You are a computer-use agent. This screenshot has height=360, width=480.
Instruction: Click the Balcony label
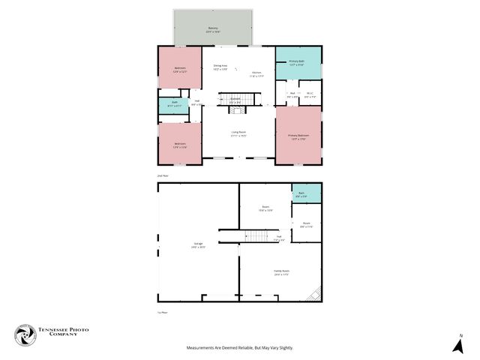tap(213, 30)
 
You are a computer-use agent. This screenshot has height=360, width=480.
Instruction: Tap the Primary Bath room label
tap(296, 63)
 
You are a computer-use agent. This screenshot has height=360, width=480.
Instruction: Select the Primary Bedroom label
tap(298, 136)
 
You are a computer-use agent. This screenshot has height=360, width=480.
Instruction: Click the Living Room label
tap(238, 133)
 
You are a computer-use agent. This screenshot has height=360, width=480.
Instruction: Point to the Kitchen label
tap(256, 73)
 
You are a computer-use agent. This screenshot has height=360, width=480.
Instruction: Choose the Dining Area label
tap(220, 67)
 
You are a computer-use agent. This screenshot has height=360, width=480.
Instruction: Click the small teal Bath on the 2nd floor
tap(175, 103)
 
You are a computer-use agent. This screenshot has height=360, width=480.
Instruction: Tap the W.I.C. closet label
tap(310, 95)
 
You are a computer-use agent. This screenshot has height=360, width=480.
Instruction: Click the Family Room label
tap(281, 273)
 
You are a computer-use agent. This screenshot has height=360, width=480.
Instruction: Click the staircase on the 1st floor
tap(257, 237)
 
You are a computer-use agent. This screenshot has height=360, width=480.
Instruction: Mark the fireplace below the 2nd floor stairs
tap(237, 110)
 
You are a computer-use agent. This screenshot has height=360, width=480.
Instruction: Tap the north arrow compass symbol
tap(457, 345)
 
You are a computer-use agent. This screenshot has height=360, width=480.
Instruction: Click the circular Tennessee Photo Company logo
tap(26, 335)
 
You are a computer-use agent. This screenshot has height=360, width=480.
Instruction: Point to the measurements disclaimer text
tap(240, 348)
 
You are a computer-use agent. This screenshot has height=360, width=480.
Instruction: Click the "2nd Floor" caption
tap(163, 174)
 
